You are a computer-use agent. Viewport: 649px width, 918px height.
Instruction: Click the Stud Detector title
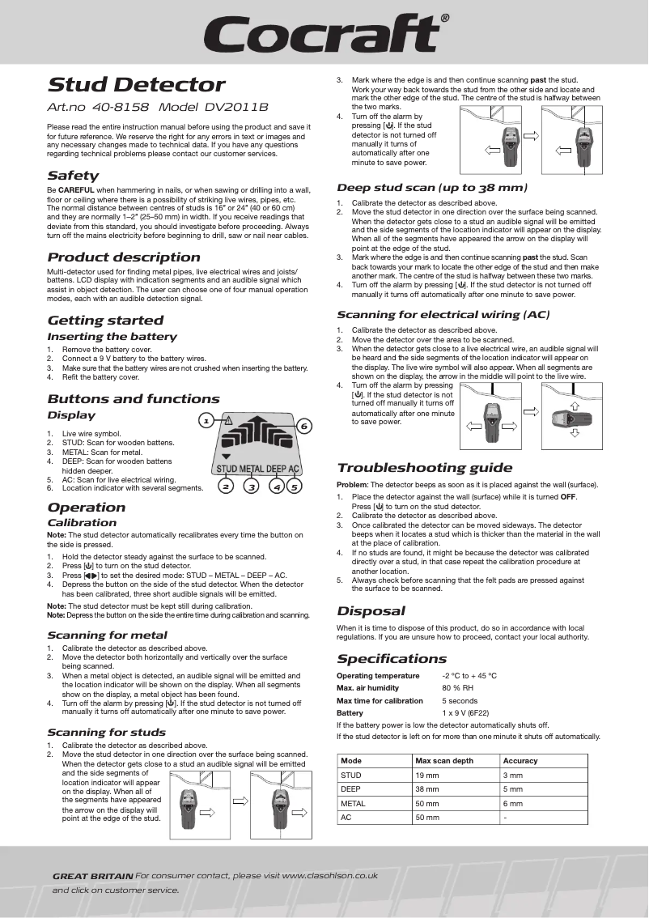coord(136,85)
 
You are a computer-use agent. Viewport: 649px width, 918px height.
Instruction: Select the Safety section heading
coord(73,176)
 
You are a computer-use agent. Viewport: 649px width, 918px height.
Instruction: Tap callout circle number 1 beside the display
coord(206,421)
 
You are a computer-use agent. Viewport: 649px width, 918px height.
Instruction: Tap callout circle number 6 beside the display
coord(304,426)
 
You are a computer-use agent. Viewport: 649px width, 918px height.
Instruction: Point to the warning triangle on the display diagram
coord(228,419)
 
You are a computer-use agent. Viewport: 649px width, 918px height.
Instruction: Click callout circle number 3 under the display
coord(252,487)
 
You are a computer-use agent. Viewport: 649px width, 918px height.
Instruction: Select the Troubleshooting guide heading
coord(424,468)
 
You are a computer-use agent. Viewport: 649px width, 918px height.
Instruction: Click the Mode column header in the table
coord(351,761)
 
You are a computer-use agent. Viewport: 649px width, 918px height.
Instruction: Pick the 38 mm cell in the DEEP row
coord(426,789)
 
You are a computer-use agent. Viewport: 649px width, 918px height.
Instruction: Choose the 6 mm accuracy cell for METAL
coord(513,804)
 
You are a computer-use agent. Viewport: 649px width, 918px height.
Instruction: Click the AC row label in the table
coord(346,818)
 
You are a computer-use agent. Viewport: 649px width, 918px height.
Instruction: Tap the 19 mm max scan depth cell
coord(426,776)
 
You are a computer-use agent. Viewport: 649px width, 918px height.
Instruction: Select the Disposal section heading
coord(371,611)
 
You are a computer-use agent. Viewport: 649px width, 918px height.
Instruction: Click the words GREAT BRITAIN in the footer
coord(92,876)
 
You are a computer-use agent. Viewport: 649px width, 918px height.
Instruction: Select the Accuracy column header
coord(520,761)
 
